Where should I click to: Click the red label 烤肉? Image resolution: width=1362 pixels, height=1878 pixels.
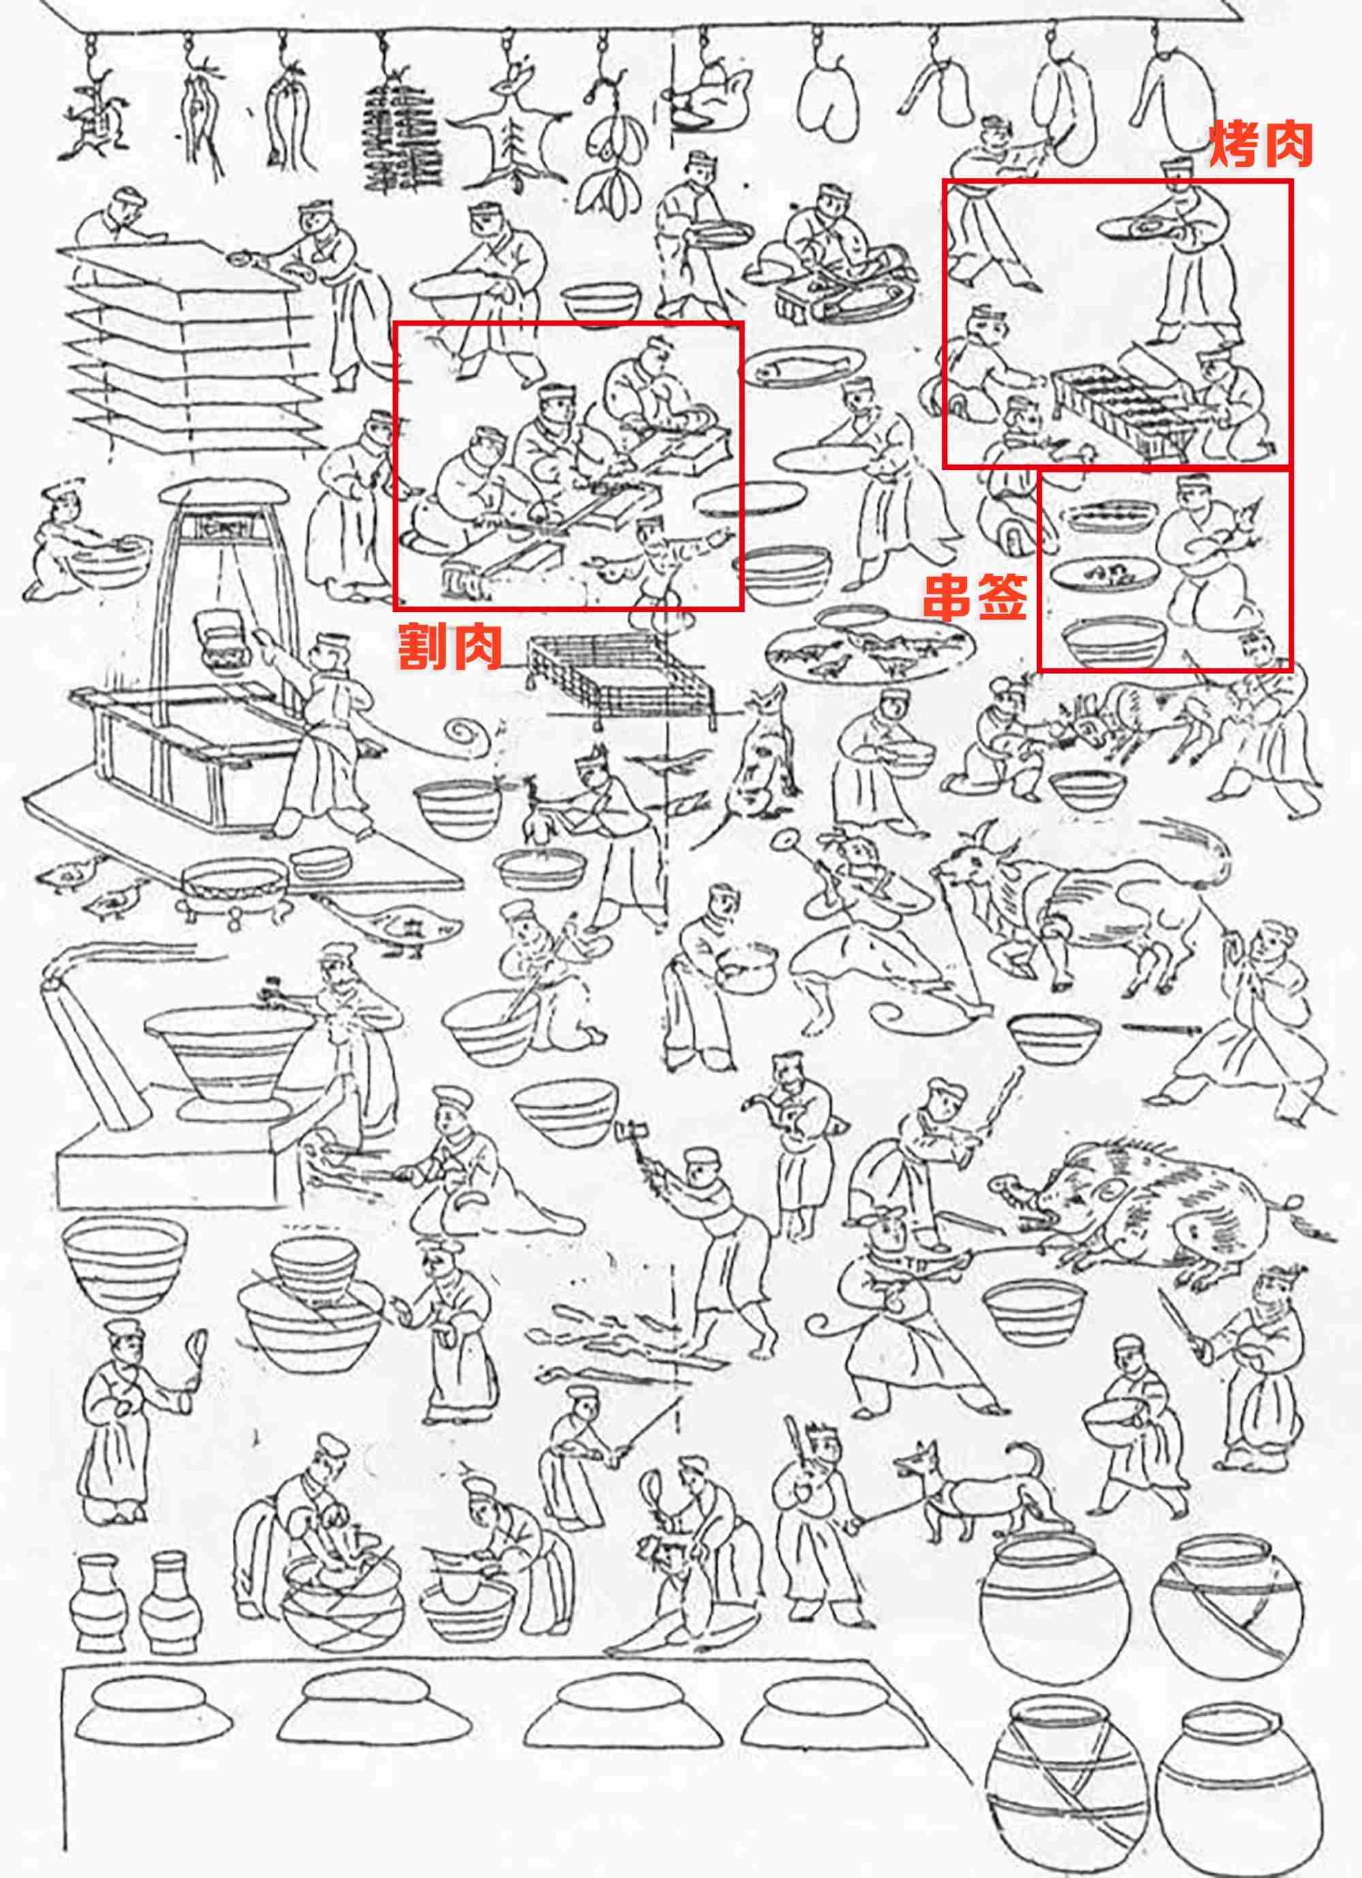pos(1261,146)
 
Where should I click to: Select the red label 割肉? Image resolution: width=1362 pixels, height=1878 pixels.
pos(450,647)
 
